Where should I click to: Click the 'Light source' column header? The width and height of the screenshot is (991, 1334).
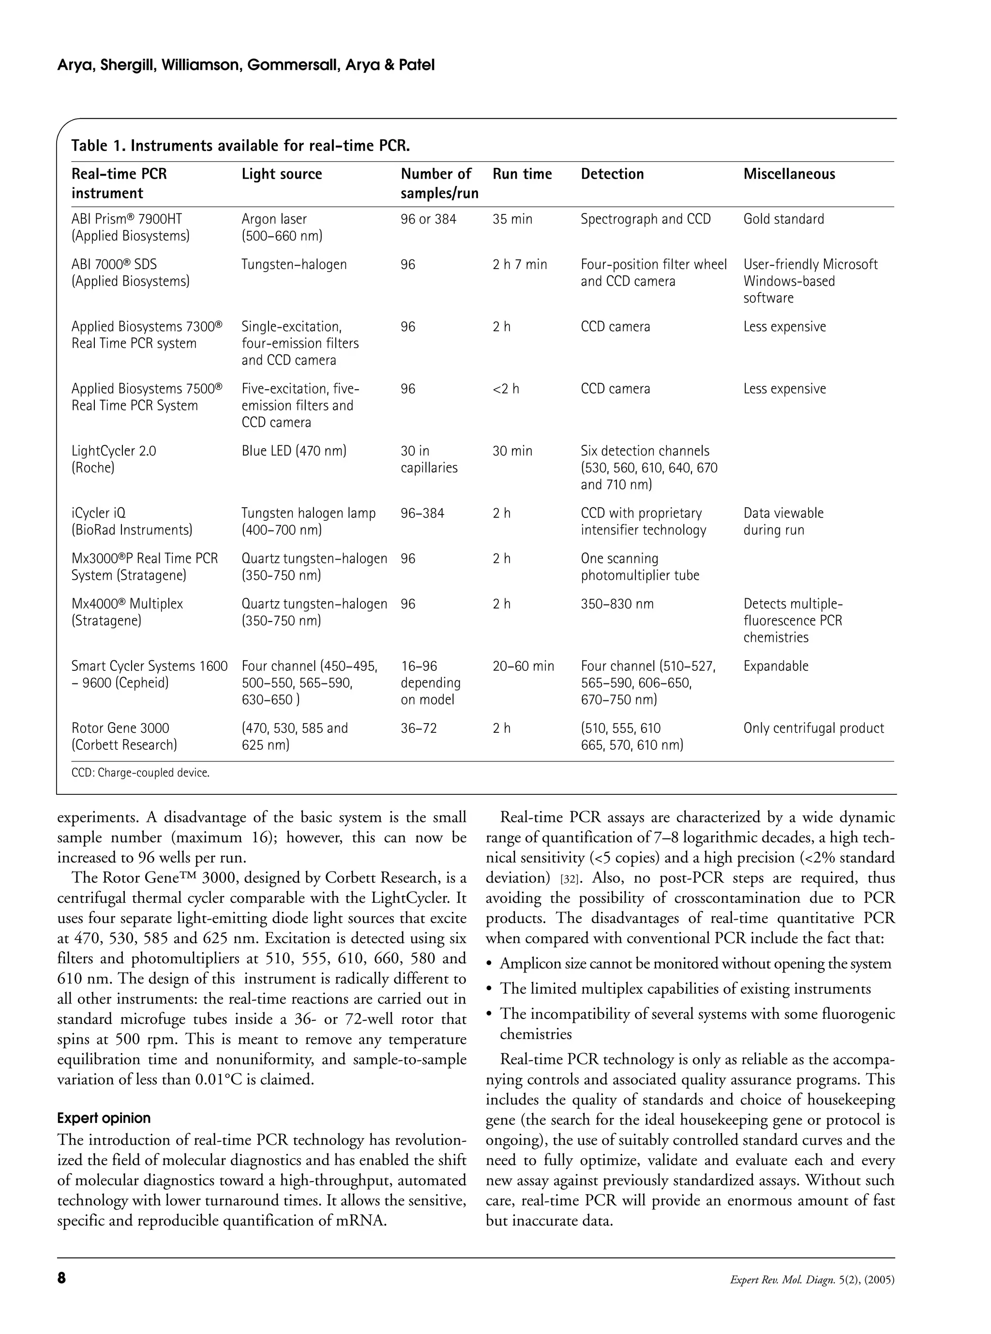click(x=281, y=174)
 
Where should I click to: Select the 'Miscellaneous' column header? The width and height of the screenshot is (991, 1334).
click(x=789, y=174)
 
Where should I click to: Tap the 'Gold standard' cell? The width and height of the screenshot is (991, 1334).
click(x=783, y=219)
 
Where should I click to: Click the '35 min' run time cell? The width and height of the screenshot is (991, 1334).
click(x=512, y=219)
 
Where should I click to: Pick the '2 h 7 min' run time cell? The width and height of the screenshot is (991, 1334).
click(x=520, y=265)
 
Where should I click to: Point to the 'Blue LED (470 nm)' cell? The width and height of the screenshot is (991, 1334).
click(x=294, y=451)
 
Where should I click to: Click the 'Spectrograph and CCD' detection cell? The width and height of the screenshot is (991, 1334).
click(x=646, y=219)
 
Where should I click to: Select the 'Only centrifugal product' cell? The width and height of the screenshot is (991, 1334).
click(x=813, y=728)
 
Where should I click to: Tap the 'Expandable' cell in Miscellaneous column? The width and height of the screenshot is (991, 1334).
click(x=776, y=666)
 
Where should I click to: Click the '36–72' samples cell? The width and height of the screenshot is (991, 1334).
click(x=419, y=728)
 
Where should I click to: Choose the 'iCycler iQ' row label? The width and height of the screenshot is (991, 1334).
click(x=98, y=513)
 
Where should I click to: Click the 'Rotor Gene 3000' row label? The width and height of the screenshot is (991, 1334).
click(x=120, y=728)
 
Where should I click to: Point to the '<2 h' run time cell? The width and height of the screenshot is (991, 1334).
click(x=506, y=389)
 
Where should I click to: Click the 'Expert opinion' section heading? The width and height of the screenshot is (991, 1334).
click(x=104, y=1118)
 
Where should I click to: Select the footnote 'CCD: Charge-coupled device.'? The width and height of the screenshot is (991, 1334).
click(x=140, y=773)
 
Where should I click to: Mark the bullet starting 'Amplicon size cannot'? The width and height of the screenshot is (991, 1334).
click(x=695, y=963)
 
